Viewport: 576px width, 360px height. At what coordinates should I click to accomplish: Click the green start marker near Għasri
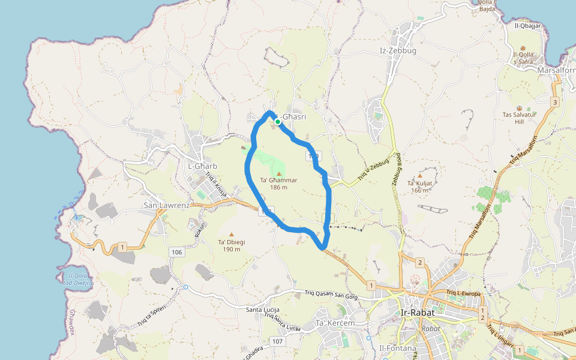coord(278,122)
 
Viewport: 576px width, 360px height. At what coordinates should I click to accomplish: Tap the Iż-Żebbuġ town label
coord(398,51)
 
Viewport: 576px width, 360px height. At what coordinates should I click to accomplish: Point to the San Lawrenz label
coord(166,205)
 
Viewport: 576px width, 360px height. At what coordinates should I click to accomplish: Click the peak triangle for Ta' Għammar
coord(279,173)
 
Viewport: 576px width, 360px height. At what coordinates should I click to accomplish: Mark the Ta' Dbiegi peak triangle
coord(232,235)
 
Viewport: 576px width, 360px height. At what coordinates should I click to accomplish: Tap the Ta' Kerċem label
coord(335,323)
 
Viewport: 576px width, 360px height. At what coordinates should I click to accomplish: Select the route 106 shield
coord(176,251)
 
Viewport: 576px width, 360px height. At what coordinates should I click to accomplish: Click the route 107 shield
coord(277,341)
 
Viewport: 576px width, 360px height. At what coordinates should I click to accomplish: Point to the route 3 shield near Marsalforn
coord(555,102)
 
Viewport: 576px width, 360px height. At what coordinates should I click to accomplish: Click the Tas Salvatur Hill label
coord(520,118)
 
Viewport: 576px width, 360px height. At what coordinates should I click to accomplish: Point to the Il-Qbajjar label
coord(528,26)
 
